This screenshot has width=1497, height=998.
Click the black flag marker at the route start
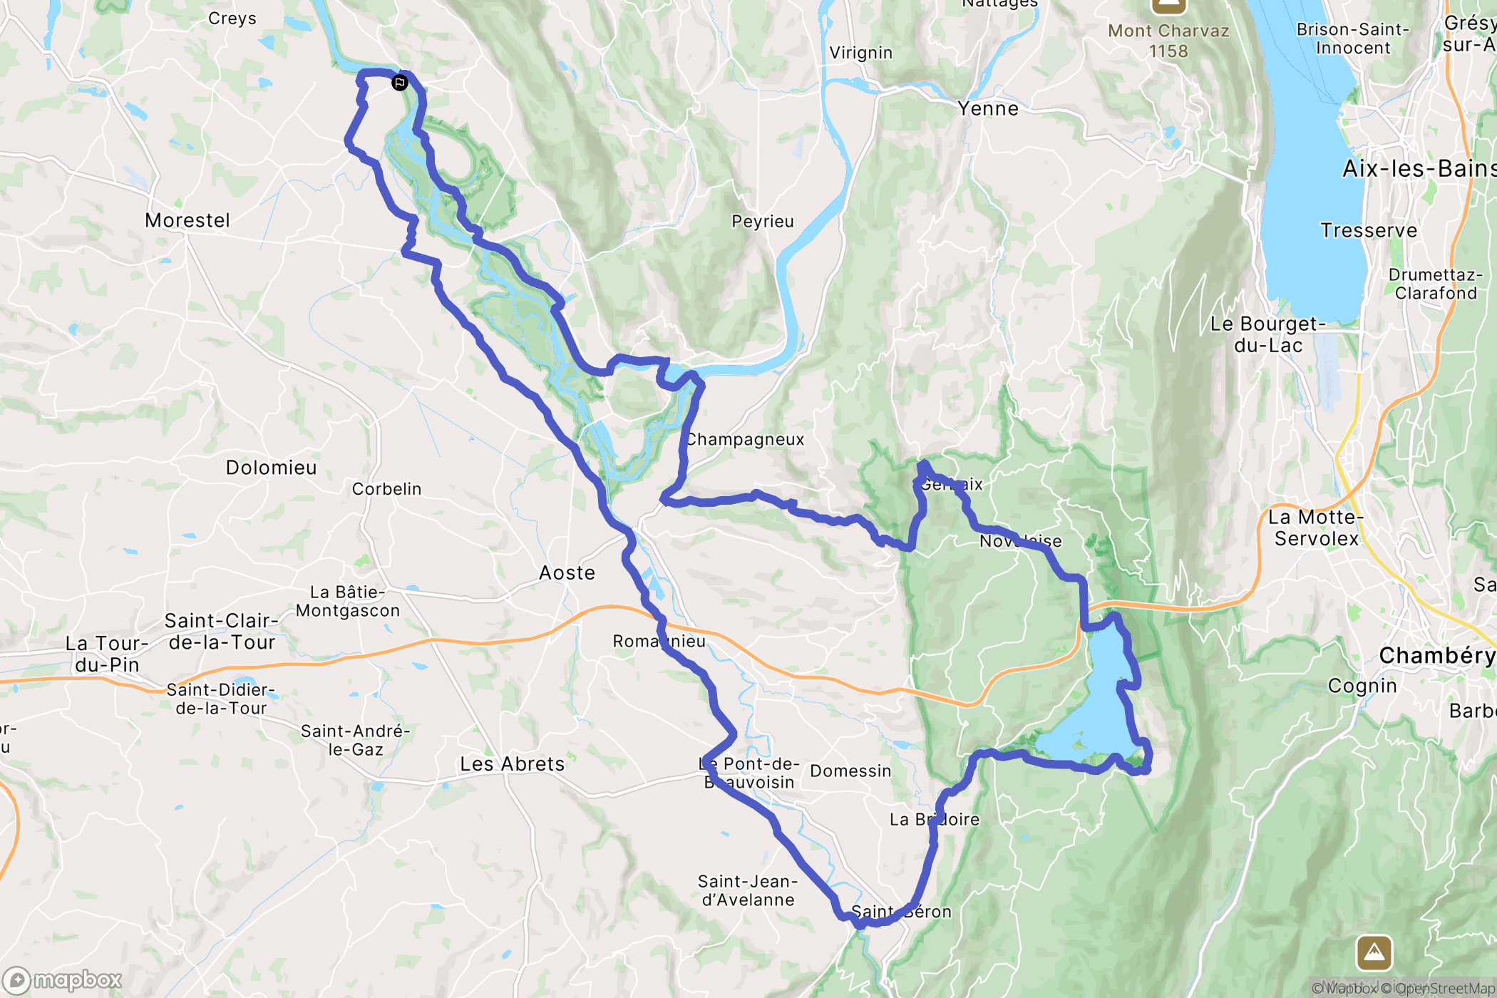pos(400,83)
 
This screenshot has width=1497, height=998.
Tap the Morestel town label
pos(187,220)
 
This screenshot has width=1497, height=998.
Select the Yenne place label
pos(988,109)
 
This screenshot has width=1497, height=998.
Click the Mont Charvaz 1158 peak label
pos(1168,41)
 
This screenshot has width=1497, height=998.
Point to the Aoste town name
pos(567,573)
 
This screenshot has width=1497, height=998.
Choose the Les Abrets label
pos(512,764)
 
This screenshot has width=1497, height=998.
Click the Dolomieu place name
pos(271,468)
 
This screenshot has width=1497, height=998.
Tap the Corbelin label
pos(386,489)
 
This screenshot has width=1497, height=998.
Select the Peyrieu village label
pos(763,222)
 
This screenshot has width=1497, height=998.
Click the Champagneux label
pos(746,440)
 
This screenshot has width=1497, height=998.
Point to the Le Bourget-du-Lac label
pos(1268,334)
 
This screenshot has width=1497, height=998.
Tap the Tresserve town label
pos(1369,230)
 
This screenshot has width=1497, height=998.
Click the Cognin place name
pos(1362,686)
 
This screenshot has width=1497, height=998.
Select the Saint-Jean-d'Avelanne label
pos(748,891)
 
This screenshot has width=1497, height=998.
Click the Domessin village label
pos(850,771)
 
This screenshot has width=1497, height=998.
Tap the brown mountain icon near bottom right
pos(1374,952)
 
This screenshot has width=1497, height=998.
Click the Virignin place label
pos(860,53)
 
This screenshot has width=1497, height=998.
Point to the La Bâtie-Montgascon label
pos(348,602)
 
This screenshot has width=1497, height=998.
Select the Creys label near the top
pos(232,19)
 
